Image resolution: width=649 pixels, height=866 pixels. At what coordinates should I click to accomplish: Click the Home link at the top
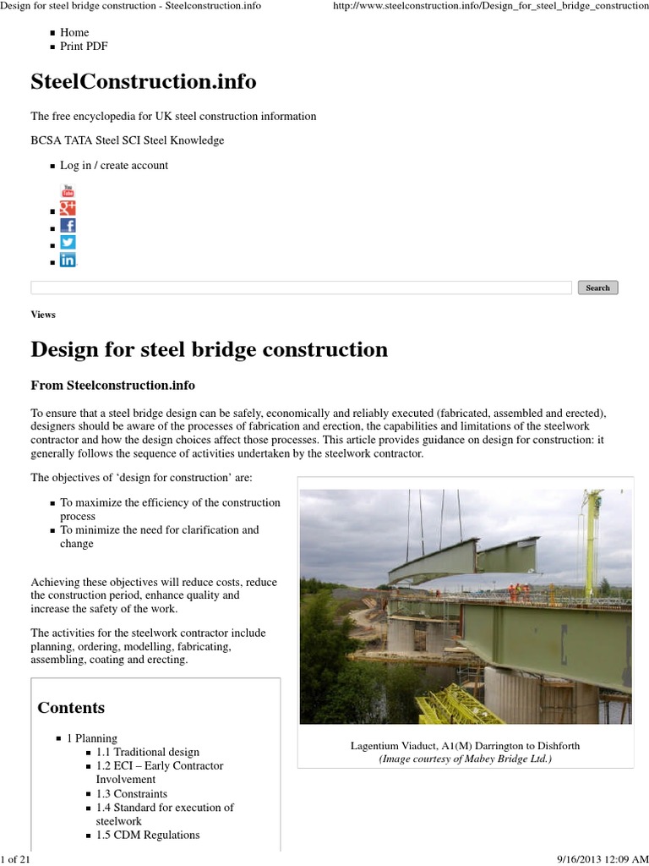tap(74, 32)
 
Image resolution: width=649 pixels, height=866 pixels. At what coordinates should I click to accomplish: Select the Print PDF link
tap(84, 47)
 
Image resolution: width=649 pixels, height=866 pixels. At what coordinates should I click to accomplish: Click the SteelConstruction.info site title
tap(144, 82)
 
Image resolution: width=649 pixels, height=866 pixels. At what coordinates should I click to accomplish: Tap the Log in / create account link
tap(114, 166)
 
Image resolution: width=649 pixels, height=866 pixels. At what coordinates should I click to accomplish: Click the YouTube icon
tap(68, 190)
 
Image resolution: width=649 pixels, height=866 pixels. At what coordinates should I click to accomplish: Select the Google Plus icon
tap(68, 208)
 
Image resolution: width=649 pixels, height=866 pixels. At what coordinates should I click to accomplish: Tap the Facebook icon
tap(68, 226)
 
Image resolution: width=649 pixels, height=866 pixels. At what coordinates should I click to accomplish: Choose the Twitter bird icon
tap(68, 243)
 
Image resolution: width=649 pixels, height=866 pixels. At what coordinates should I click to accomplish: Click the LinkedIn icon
tap(68, 260)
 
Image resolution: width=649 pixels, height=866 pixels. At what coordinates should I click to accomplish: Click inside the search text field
tap(301, 288)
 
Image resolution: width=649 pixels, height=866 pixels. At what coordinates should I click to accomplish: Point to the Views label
tap(43, 315)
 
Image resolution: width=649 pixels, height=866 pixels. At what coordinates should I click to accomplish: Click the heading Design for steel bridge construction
tap(209, 349)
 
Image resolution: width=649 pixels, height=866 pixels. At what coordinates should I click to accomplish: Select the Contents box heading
tap(71, 708)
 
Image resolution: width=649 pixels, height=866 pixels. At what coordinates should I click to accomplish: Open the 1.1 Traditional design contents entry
tap(148, 752)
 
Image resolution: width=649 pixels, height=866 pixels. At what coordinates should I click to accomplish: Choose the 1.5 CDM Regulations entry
tap(148, 835)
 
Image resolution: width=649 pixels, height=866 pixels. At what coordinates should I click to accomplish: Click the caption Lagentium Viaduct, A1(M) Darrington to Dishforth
tap(465, 746)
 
